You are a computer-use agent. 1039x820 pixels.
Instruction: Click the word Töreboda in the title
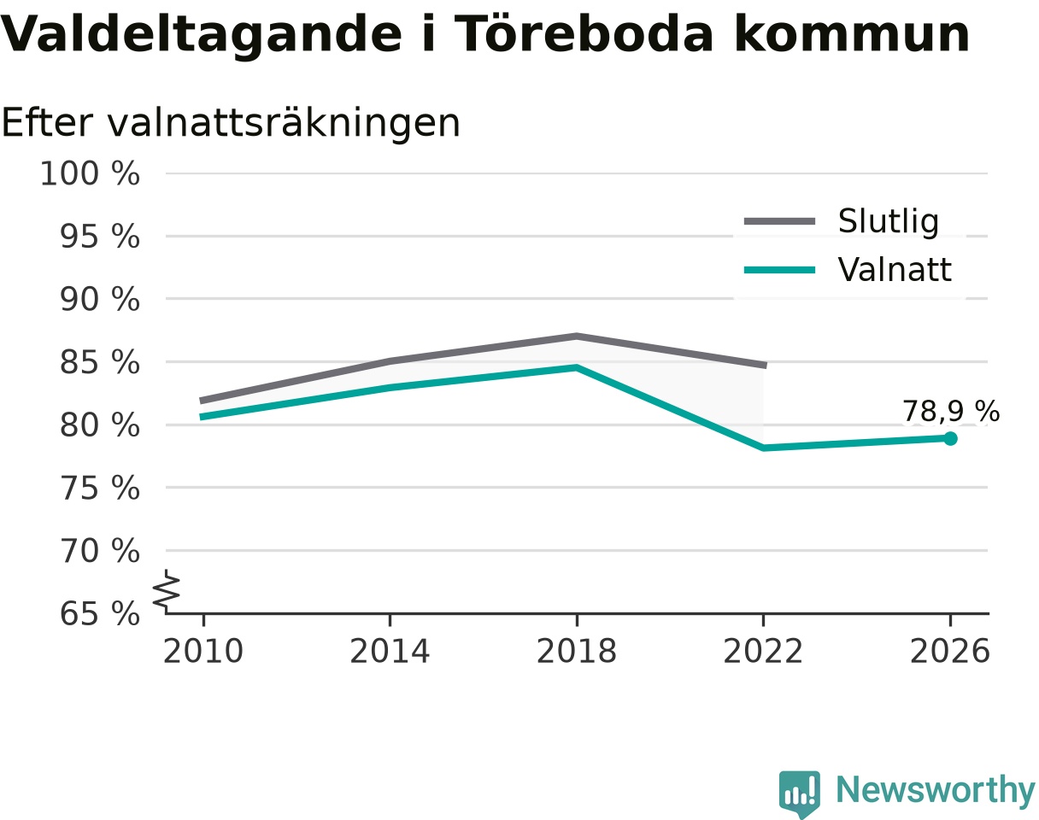584,34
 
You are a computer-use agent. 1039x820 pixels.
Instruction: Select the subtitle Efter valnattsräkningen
231,123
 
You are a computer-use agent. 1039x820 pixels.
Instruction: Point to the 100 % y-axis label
90,173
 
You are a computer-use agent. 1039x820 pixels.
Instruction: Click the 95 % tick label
100,237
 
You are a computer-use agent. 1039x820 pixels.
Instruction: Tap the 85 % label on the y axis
100,362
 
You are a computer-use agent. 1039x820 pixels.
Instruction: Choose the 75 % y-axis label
100,489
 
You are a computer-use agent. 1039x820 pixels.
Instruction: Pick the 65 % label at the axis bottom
100,614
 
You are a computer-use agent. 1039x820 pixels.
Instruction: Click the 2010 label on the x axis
203,652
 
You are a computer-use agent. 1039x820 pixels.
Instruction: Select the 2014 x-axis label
390,652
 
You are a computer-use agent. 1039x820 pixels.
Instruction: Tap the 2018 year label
577,652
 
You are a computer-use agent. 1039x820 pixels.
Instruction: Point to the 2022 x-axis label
763,652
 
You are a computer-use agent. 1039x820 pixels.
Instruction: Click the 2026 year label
949,652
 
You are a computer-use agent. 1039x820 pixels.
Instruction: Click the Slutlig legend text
889,222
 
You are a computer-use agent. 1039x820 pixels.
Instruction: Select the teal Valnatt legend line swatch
780,270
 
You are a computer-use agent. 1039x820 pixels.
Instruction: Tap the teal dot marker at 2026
950,438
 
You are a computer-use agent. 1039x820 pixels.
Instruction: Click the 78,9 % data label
951,411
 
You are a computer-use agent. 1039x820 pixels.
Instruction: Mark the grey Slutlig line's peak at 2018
577,336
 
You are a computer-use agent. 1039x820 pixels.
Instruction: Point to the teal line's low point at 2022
763,448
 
